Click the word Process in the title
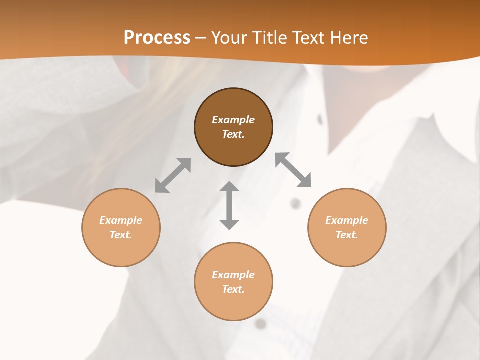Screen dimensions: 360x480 click(x=157, y=37)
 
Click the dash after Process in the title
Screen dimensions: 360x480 click(x=200, y=38)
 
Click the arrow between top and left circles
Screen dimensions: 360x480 click(x=173, y=175)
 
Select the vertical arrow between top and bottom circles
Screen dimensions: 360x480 click(x=229, y=205)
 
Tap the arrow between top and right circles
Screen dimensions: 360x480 click(x=293, y=170)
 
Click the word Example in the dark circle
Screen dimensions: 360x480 click(x=233, y=120)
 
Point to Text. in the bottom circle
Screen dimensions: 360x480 click(x=233, y=289)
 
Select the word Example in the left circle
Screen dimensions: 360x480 click(x=121, y=220)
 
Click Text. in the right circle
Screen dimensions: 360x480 click(x=347, y=235)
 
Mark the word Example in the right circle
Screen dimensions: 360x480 click(x=347, y=220)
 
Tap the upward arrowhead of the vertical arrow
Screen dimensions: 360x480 click(x=229, y=187)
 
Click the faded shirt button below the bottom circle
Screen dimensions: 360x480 click(x=260, y=324)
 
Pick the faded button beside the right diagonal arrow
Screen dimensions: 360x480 click(x=296, y=203)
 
